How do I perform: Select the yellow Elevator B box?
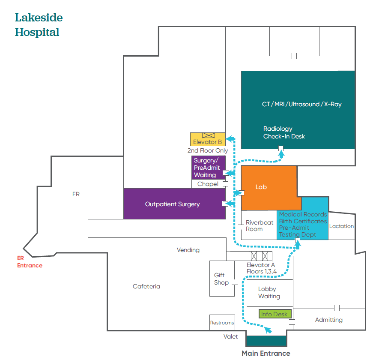point(208,139)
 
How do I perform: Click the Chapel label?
point(208,184)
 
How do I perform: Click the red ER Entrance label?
point(30,262)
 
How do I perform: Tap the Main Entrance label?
point(266,354)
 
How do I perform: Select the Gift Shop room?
point(222,279)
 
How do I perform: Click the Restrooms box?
point(222,323)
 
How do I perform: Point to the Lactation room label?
point(342,226)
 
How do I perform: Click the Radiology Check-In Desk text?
point(284,132)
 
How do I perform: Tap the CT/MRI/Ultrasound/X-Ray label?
point(301,104)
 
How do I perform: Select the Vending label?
point(188,250)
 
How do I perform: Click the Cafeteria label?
point(146,286)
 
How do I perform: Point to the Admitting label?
point(328,320)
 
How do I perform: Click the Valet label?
point(230,336)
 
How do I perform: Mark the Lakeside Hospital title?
point(39,25)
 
